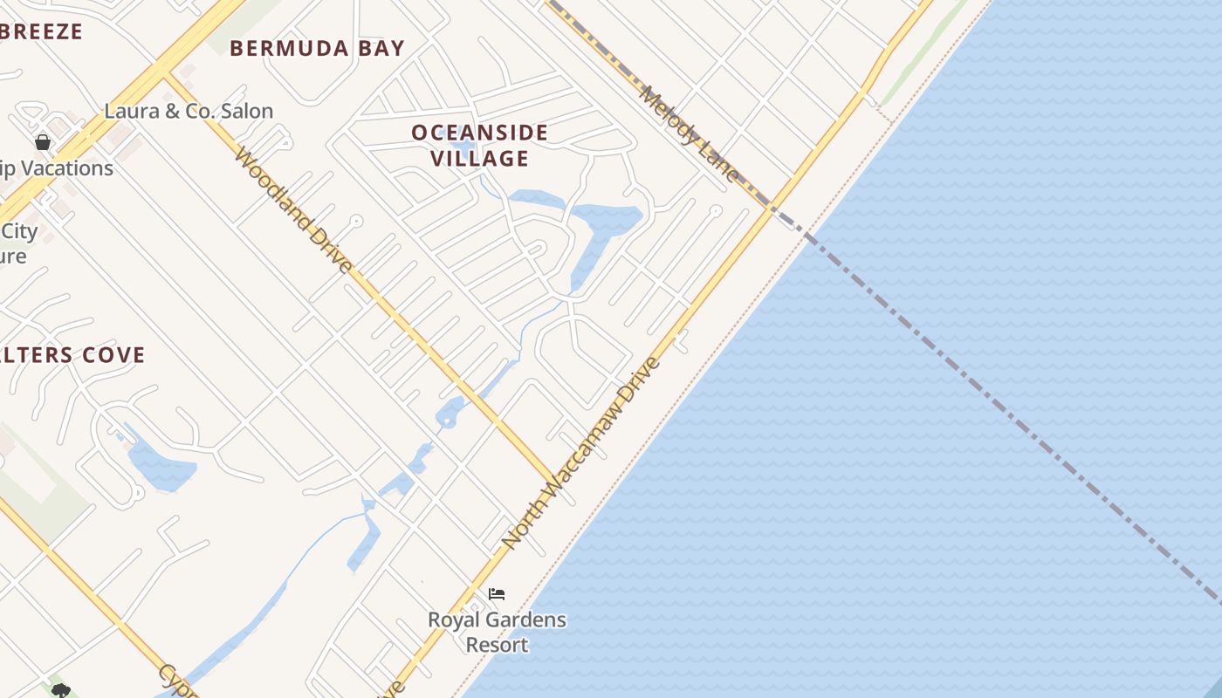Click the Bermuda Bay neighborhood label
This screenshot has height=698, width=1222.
click(x=318, y=48)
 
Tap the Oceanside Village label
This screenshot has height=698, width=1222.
click(x=479, y=145)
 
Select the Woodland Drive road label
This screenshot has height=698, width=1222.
click(x=294, y=210)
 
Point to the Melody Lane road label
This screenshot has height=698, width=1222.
click(x=689, y=133)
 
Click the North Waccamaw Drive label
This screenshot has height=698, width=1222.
click(x=582, y=452)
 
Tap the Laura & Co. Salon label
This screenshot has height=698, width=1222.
click(x=189, y=111)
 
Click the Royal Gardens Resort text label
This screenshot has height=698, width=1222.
click(x=497, y=632)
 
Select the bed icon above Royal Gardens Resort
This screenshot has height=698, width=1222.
click(x=497, y=594)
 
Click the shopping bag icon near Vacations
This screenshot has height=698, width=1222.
click(x=43, y=141)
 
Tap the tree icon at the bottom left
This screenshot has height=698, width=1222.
click(x=60, y=691)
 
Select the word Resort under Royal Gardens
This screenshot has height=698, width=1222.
click(x=497, y=645)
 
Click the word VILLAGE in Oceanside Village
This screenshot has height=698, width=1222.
click(x=479, y=158)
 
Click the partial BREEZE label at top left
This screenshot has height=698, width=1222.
click(x=42, y=32)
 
